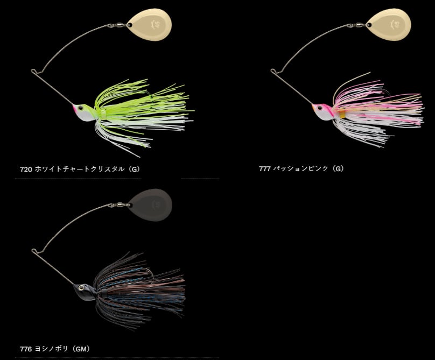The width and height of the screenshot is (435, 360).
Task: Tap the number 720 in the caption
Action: point(25,168)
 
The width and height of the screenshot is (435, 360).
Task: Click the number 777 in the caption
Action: point(264,168)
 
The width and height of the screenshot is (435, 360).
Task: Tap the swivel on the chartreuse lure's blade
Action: point(117,25)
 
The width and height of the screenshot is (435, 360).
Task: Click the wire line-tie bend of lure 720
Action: point(34,71)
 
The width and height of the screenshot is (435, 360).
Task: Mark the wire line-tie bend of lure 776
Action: point(34,250)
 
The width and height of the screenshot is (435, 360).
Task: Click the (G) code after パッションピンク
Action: point(338,168)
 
